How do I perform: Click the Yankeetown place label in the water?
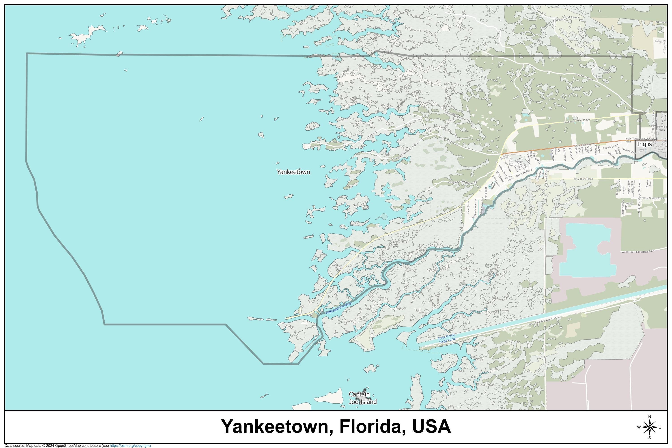click(293, 172)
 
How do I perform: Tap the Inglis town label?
click(644, 144)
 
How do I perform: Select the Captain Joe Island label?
click(363, 398)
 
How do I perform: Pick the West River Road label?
click(583, 179)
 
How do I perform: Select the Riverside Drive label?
click(524, 174)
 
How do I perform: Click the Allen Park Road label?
click(449, 141)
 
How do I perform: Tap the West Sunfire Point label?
click(653, 198)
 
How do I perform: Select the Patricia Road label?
click(610, 147)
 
